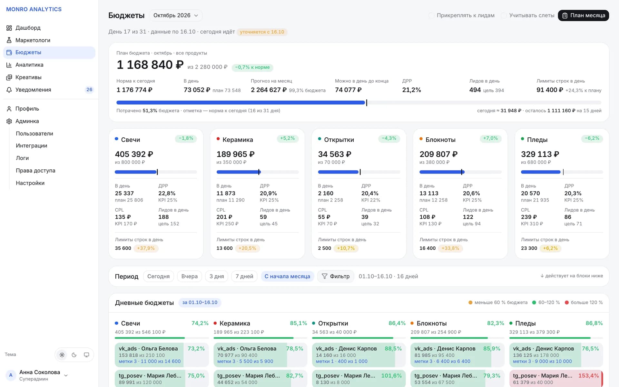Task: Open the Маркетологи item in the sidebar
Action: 33,40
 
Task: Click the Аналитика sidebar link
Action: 29,65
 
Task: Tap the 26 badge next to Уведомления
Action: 89,90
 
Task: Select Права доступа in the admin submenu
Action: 35,171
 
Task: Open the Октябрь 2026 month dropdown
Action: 176,15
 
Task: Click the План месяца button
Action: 583,15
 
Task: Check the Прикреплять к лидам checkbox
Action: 431,15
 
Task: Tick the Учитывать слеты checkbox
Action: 504,15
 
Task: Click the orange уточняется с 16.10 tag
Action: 262,32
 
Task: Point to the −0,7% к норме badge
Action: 252,67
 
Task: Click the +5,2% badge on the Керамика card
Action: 288,138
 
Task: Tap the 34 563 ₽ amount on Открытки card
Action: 335,154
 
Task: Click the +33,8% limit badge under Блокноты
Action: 450,248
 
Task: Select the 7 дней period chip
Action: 244,276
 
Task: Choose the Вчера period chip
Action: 190,276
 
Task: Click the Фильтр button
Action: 336,276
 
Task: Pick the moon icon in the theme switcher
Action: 74,355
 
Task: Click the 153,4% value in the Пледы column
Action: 588,376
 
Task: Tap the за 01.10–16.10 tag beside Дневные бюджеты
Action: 200,303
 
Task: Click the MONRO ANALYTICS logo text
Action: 34,9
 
